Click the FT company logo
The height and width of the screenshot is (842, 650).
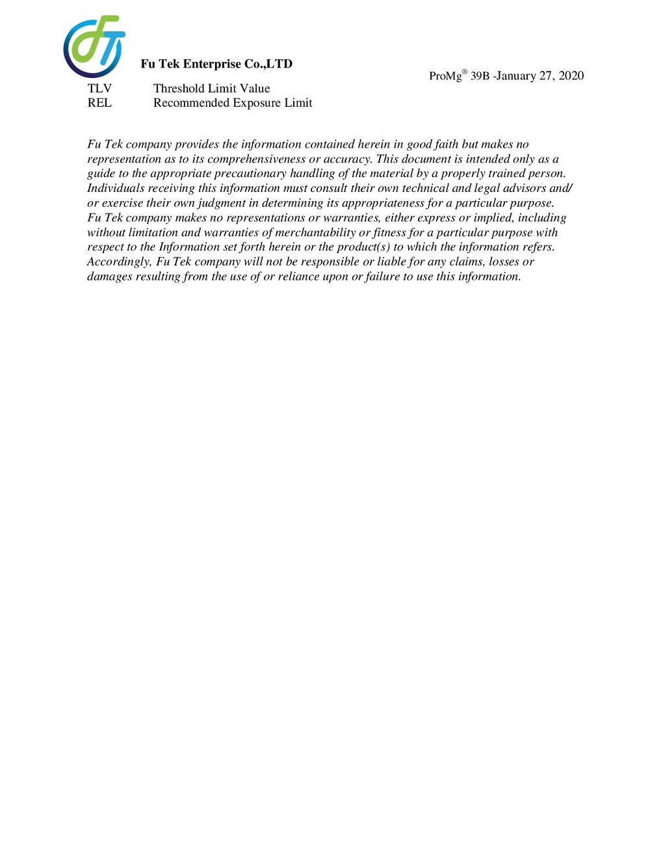pyautogui.click(x=94, y=46)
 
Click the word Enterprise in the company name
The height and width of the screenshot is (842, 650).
pyautogui.click(x=212, y=64)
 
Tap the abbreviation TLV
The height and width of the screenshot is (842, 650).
pyautogui.click(x=99, y=88)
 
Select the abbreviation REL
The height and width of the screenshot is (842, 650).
pyautogui.click(x=99, y=103)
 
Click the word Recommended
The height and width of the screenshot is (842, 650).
pyautogui.click(x=189, y=103)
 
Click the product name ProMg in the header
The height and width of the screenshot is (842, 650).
pyautogui.click(x=446, y=76)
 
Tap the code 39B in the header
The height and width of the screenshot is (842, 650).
pyautogui.click(x=480, y=76)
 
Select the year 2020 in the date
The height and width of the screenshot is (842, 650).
pyautogui.click(x=571, y=76)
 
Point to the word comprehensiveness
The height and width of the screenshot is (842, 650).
pyautogui.click(x=256, y=159)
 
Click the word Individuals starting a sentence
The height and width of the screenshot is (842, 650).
pyautogui.click(x=116, y=189)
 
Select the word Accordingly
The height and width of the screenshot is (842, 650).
pyautogui.click(x=120, y=262)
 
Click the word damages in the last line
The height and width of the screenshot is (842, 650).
pyautogui.click(x=110, y=277)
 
